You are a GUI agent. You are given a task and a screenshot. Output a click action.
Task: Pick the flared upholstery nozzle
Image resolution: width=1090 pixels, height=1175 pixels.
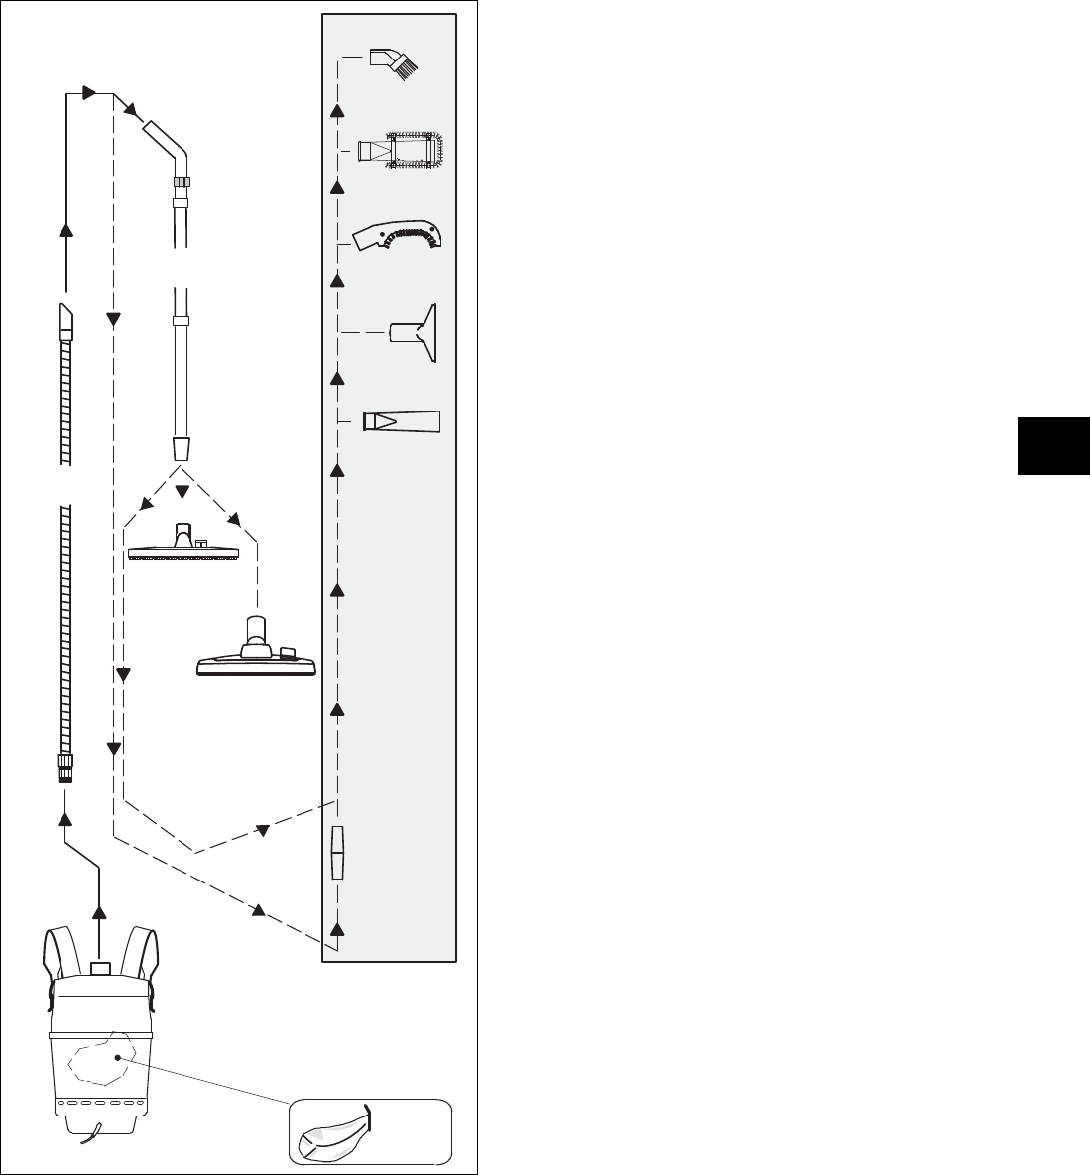pos(415,332)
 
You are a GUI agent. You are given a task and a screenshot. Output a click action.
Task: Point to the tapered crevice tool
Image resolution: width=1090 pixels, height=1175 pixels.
pos(401,420)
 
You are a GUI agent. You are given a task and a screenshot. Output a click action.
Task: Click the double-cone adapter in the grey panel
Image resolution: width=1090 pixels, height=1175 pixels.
pos(337,852)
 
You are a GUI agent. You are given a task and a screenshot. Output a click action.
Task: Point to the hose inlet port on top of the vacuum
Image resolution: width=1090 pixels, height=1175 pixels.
pos(99,967)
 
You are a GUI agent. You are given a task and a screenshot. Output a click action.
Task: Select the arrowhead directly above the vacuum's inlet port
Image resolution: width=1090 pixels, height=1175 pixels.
pos(99,910)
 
